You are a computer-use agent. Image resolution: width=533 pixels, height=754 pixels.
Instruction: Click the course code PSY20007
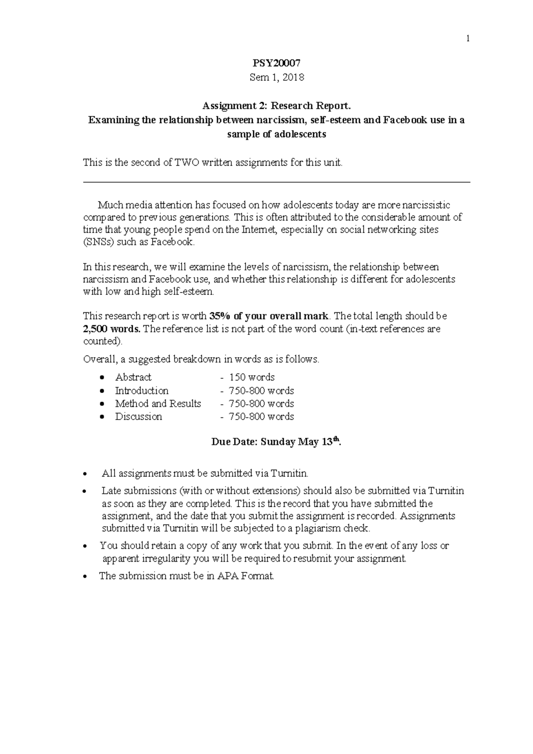276,63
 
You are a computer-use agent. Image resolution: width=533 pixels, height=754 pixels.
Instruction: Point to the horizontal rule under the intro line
276,182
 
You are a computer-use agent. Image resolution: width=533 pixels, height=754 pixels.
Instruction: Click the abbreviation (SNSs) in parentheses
99,242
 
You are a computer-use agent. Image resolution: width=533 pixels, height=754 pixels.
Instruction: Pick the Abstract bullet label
133,377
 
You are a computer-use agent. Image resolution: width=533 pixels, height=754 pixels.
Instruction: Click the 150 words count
252,377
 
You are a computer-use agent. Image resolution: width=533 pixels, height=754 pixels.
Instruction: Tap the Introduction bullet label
142,391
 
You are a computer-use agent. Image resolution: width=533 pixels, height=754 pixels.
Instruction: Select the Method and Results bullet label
158,404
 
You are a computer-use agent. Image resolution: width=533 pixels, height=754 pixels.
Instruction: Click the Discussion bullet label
139,417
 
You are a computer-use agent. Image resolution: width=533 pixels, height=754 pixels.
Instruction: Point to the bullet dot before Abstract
103,377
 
